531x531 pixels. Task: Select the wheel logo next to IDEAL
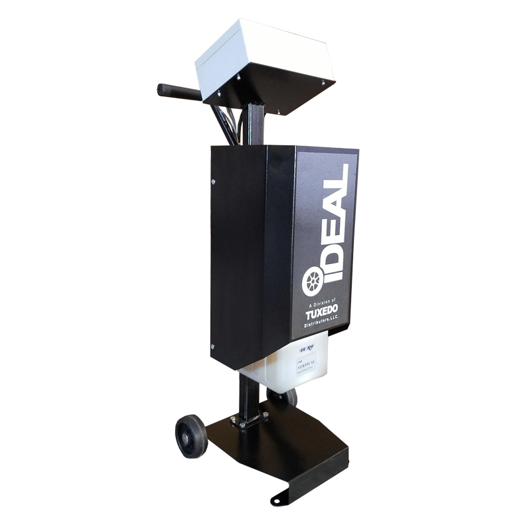point(312,283)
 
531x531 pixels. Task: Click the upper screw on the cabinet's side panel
point(212,181)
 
